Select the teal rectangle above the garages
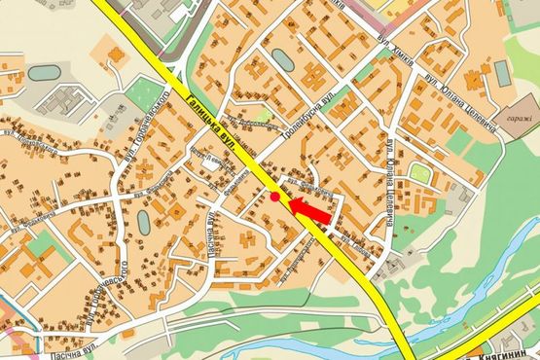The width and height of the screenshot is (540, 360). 501,73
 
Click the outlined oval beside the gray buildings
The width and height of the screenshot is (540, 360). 43,73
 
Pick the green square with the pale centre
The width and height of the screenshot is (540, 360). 419,173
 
